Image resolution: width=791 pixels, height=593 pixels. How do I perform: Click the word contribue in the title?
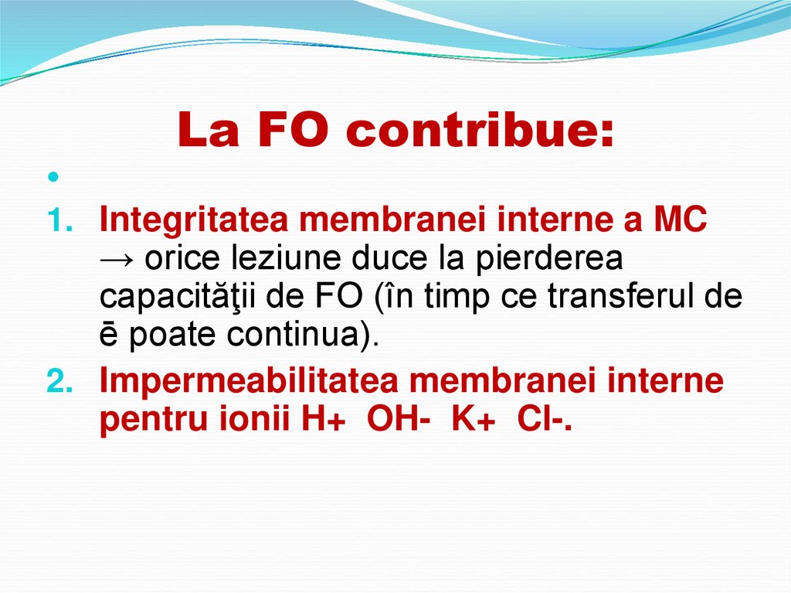click(480, 131)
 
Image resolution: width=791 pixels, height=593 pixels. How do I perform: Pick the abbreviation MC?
click(679, 221)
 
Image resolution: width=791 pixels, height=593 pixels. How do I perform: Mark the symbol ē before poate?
click(109, 338)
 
